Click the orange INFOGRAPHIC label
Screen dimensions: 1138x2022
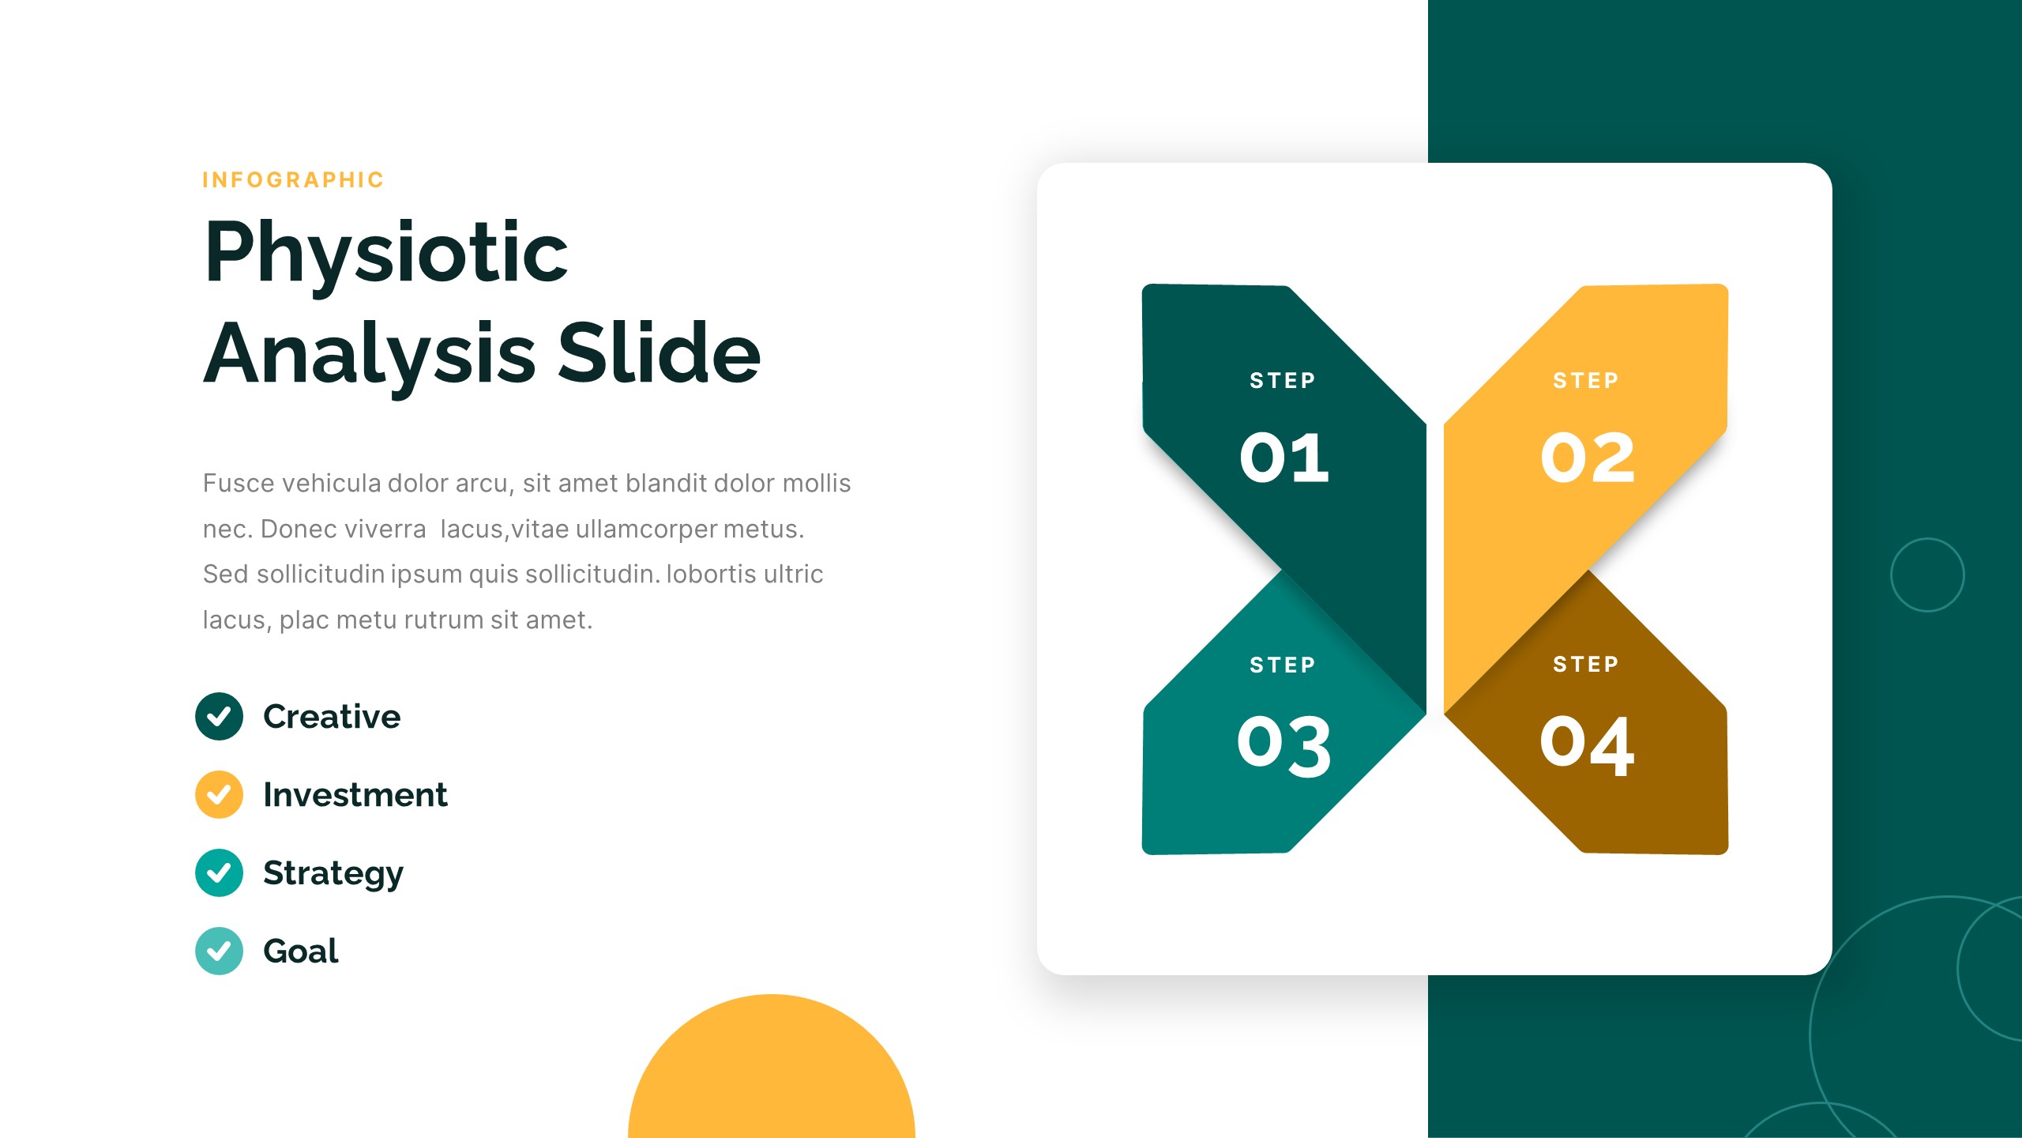pos(293,180)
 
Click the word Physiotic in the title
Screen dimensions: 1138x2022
pos(386,253)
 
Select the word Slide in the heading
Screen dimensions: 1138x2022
pos(659,353)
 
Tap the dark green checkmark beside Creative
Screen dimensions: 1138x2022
pos(219,716)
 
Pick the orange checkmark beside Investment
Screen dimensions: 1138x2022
pos(219,794)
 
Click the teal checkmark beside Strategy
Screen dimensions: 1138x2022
pos(219,872)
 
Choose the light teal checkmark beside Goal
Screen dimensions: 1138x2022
pos(219,951)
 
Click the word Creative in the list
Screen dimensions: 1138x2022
pos(332,716)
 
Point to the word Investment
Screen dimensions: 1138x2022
pos(355,794)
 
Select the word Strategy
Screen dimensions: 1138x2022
pos(333,873)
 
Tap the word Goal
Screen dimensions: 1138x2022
pos(300,951)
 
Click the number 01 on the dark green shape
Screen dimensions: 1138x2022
pos(1284,458)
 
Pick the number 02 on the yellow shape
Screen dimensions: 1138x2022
pos(1588,458)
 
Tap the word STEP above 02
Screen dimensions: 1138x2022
pos(1586,381)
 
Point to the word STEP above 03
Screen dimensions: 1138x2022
pos(1283,665)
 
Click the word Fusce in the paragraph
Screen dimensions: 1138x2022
pos(238,483)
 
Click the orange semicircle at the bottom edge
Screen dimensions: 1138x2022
pos(771,1075)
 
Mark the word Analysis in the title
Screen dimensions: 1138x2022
pos(370,353)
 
